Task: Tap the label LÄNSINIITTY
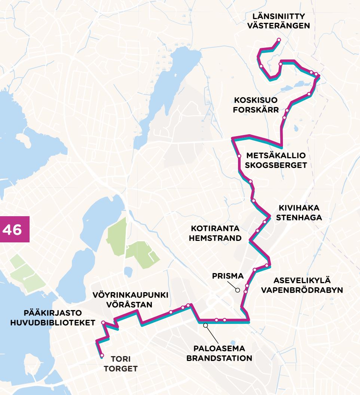pos(279,16)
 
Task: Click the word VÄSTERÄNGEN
pos(279,26)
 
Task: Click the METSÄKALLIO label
pos(276,156)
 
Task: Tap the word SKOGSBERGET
pos(276,165)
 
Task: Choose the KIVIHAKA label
pos(299,208)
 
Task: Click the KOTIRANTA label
pos(215,229)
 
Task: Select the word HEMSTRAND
pos(215,238)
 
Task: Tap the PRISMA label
pos(228,276)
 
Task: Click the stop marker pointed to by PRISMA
pos(237,290)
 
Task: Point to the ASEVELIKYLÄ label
pos(302,280)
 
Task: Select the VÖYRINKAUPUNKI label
pos(130,295)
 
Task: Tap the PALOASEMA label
pos(219,348)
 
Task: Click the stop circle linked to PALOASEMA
pos(205,325)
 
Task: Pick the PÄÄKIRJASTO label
pos(53,313)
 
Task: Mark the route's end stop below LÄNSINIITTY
pos(278,40)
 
